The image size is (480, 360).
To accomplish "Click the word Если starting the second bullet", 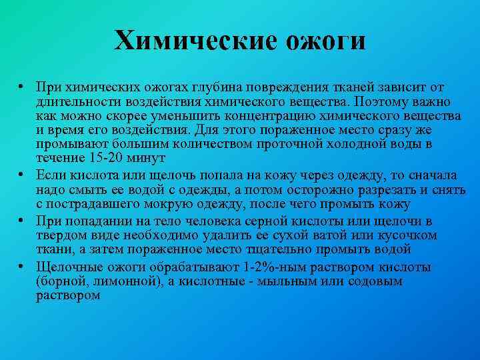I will pos(52,175).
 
